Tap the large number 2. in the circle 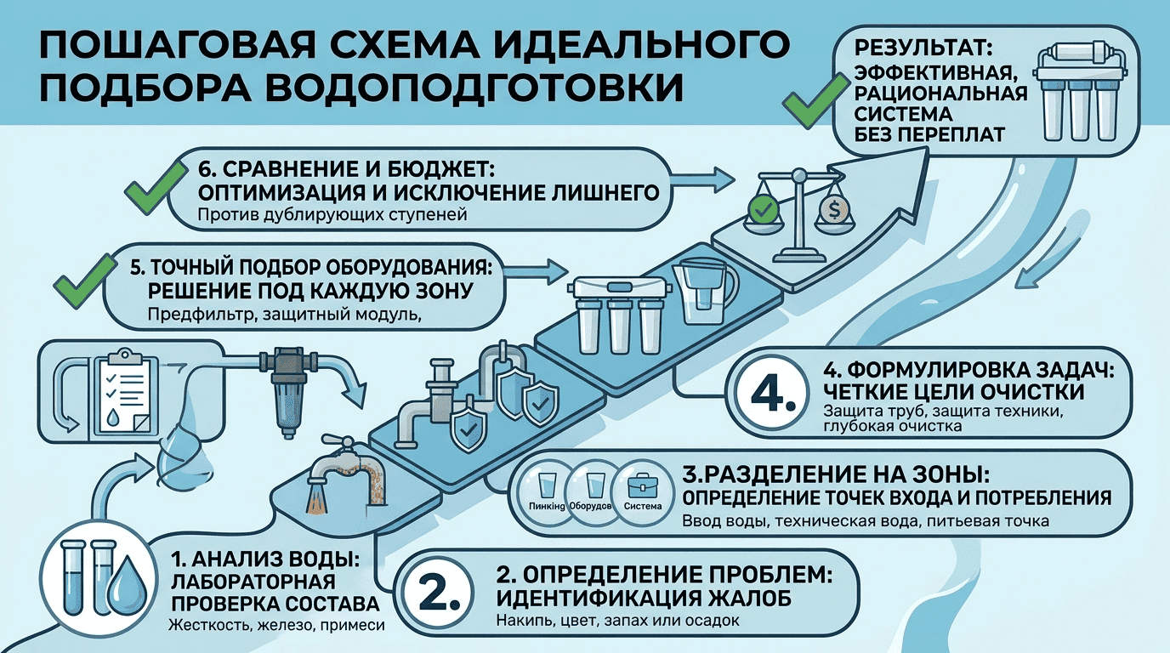[x=439, y=594]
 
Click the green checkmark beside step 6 [x=156, y=188]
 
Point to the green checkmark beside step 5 [x=85, y=281]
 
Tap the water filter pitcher [x=705, y=292]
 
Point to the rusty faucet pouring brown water [x=347, y=474]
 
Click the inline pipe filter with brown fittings [x=288, y=390]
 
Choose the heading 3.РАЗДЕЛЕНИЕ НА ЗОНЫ [x=836, y=474]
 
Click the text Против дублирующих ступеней [x=332, y=215]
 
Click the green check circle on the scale [x=763, y=210]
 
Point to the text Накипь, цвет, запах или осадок [x=617, y=621]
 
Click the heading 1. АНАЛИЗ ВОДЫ [x=265, y=559]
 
